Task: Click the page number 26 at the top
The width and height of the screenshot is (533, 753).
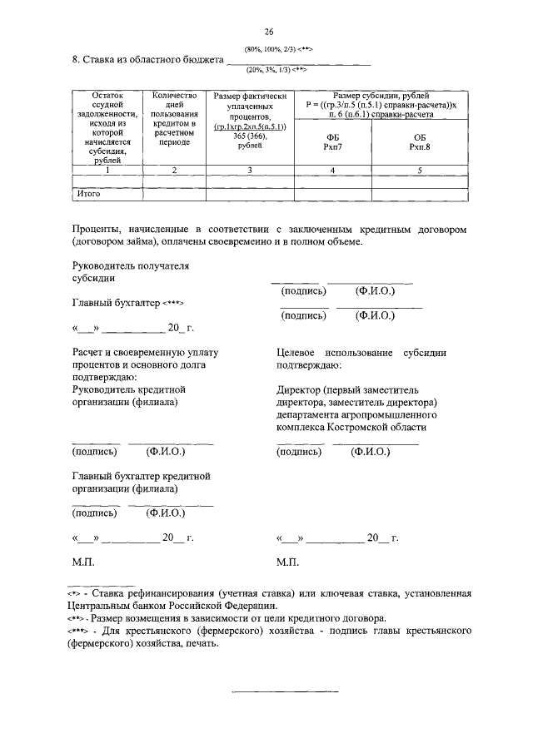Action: click(x=269, y=32)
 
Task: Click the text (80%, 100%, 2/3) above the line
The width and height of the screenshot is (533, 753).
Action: click(x=278, y=51)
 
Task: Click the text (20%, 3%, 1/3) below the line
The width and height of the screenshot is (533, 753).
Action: click(x=278, y=70)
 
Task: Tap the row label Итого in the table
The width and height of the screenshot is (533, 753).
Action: click(x=88, y=194)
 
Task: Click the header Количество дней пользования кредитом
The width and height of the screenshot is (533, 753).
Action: click(x=175, y=119)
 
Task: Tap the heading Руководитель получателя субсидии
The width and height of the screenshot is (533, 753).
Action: click(x=131, y=272)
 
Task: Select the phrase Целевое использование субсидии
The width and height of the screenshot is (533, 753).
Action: click(x=361, y=353)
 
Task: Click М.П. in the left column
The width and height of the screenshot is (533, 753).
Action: click(x=84, y=562)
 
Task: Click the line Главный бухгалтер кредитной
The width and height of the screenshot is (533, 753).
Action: click(x=141, y=476)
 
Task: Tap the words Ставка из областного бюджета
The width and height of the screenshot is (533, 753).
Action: click(x=147, y=60)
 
